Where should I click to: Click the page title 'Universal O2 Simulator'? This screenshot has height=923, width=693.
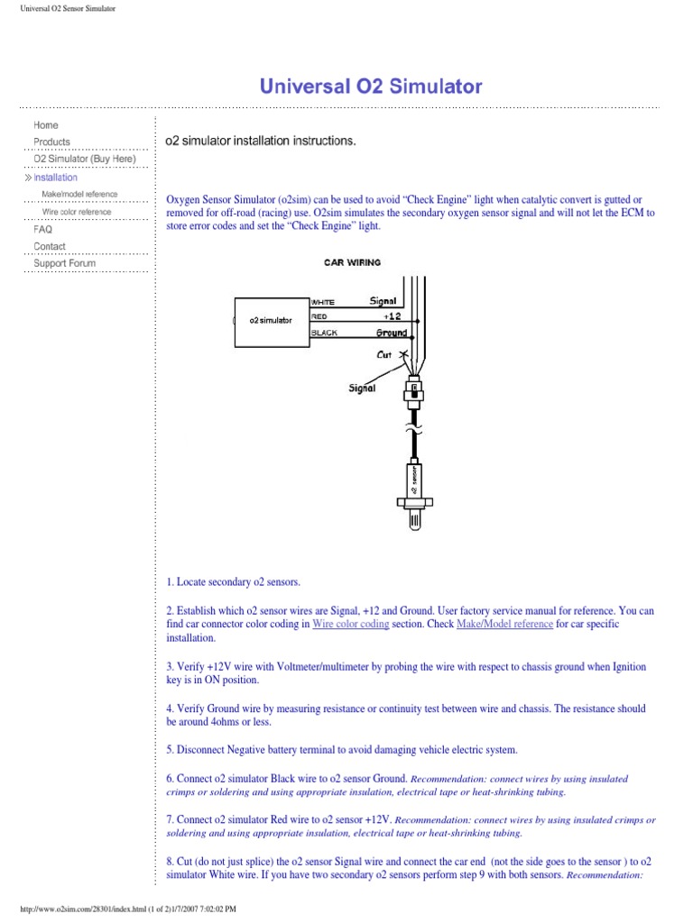point(371,87)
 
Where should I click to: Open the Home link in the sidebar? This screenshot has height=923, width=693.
point(46,125)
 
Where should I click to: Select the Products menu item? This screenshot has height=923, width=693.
point(51,142)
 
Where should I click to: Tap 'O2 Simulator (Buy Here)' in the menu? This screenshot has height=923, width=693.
point(84,159)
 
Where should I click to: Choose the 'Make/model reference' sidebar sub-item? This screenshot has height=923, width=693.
point(79,195)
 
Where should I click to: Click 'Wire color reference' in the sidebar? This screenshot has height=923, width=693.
point(77,212)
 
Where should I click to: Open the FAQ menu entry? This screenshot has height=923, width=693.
point(43,229)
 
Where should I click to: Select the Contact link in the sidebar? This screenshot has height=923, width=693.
point(50,246)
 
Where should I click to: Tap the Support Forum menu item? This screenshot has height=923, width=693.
point(64,263)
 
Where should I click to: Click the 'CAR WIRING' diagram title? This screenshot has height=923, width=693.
point(352,263)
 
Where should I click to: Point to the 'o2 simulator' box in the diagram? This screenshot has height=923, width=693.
point(271,320)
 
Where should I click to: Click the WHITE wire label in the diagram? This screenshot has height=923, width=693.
point(323,302)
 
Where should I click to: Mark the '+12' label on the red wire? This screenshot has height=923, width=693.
point(392,316)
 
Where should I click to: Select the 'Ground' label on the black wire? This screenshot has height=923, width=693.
point(392,333)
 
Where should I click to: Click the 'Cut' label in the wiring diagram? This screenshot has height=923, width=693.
point(386,354)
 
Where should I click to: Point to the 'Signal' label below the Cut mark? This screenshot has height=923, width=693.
point(363,388)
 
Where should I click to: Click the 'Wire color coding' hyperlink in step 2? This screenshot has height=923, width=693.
point(350,624)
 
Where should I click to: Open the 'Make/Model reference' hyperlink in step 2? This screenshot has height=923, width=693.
point(504,624)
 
